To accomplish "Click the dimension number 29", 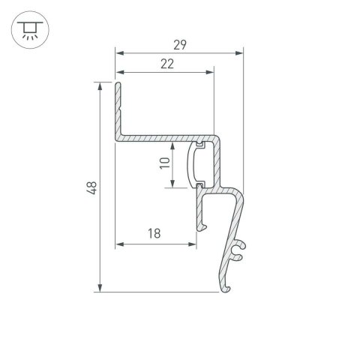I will [179, 43].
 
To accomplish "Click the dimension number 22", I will [167, 64].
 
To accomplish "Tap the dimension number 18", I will [154, 233].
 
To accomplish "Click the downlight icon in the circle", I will [28, 29].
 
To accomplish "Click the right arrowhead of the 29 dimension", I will [240, 52].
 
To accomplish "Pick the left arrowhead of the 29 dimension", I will [119, 52].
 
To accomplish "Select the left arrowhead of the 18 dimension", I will [119, 243].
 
